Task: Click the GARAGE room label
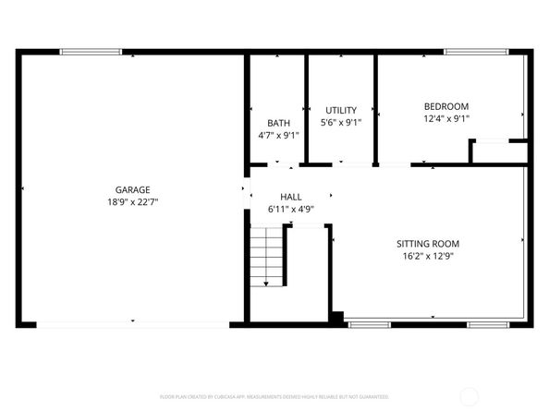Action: tap(132, 189)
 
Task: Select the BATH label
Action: tap(278, 123)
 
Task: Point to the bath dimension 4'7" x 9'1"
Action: tap(278, 135)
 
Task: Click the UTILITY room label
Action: tap(340, 110)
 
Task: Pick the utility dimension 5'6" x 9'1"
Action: tap(340, 122)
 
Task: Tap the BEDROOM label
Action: tap(445, 105)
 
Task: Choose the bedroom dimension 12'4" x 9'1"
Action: tap(445, 118)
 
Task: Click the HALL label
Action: tap(291, 197)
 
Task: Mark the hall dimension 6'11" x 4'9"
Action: tap(291, 209)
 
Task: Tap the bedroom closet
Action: tap(498, 152)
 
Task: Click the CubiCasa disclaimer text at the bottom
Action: tap(274, 395)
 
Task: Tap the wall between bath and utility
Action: tap(306, 109)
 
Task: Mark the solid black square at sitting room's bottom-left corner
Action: tap(337, 319)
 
